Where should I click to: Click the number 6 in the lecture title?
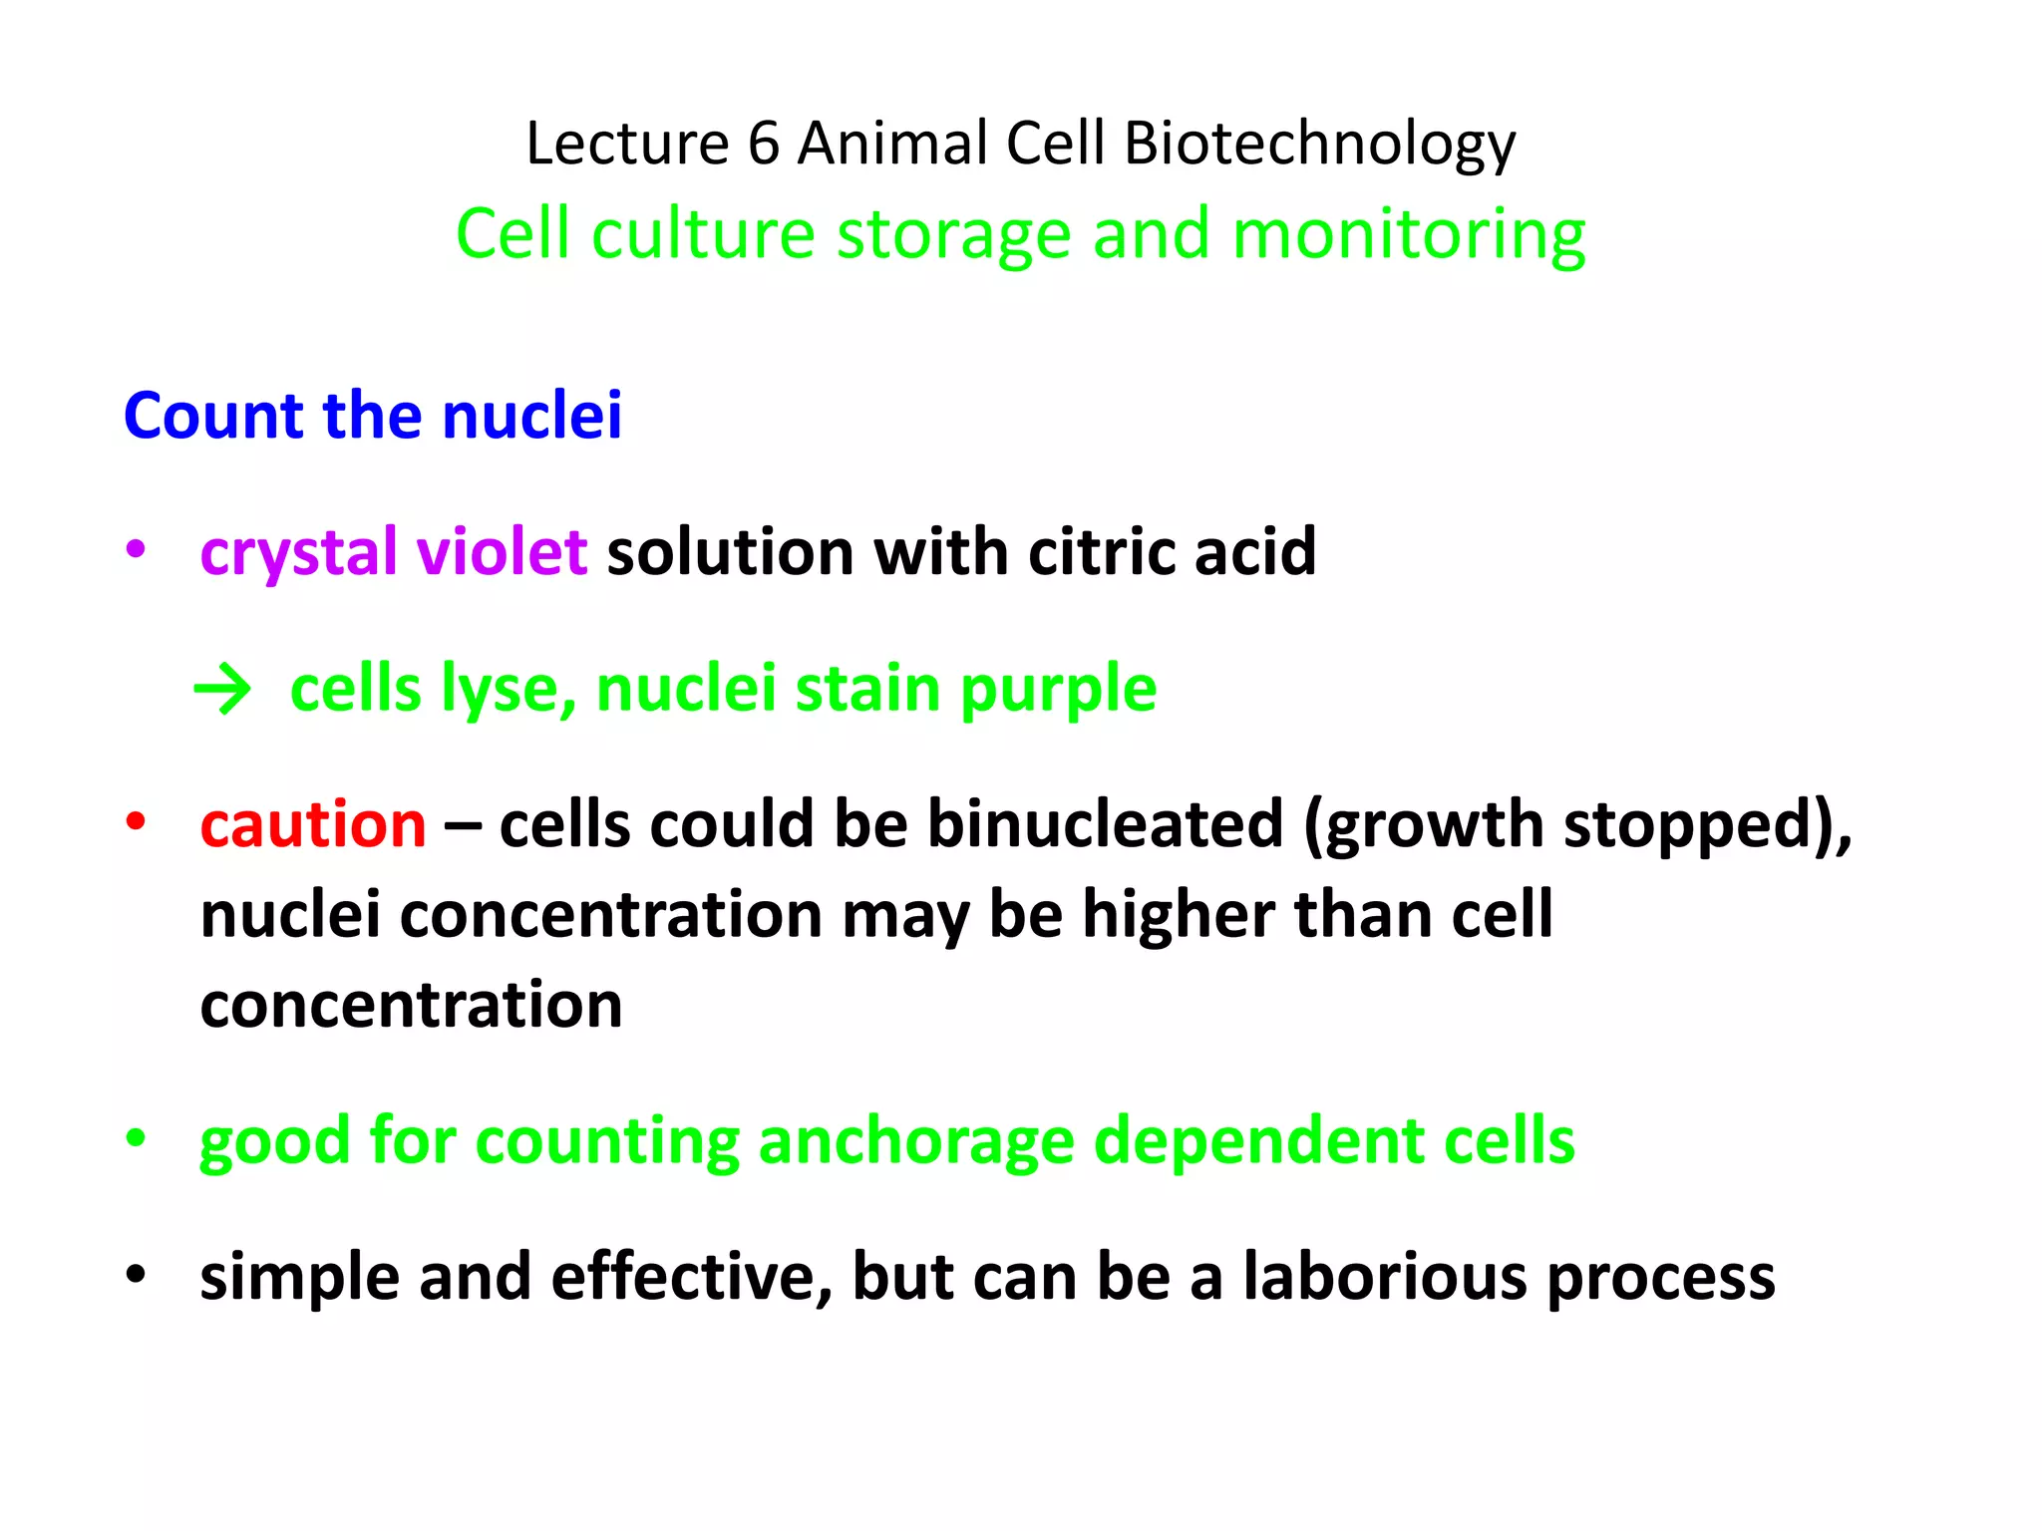click(763, 144)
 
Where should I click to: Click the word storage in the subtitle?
click(954, 236)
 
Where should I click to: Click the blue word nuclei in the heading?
click(531, 416)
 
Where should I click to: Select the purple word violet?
click(502, 551)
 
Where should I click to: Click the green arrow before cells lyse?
click(222, 690)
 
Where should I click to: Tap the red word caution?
click(313, 825)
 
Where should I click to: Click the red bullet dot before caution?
click(136, 822)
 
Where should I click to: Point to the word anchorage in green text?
click(915, 1140)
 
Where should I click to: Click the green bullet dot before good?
click(136, 1137)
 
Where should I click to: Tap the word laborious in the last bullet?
click(1384, 1277)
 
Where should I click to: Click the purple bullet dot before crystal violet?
click(136, 549)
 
